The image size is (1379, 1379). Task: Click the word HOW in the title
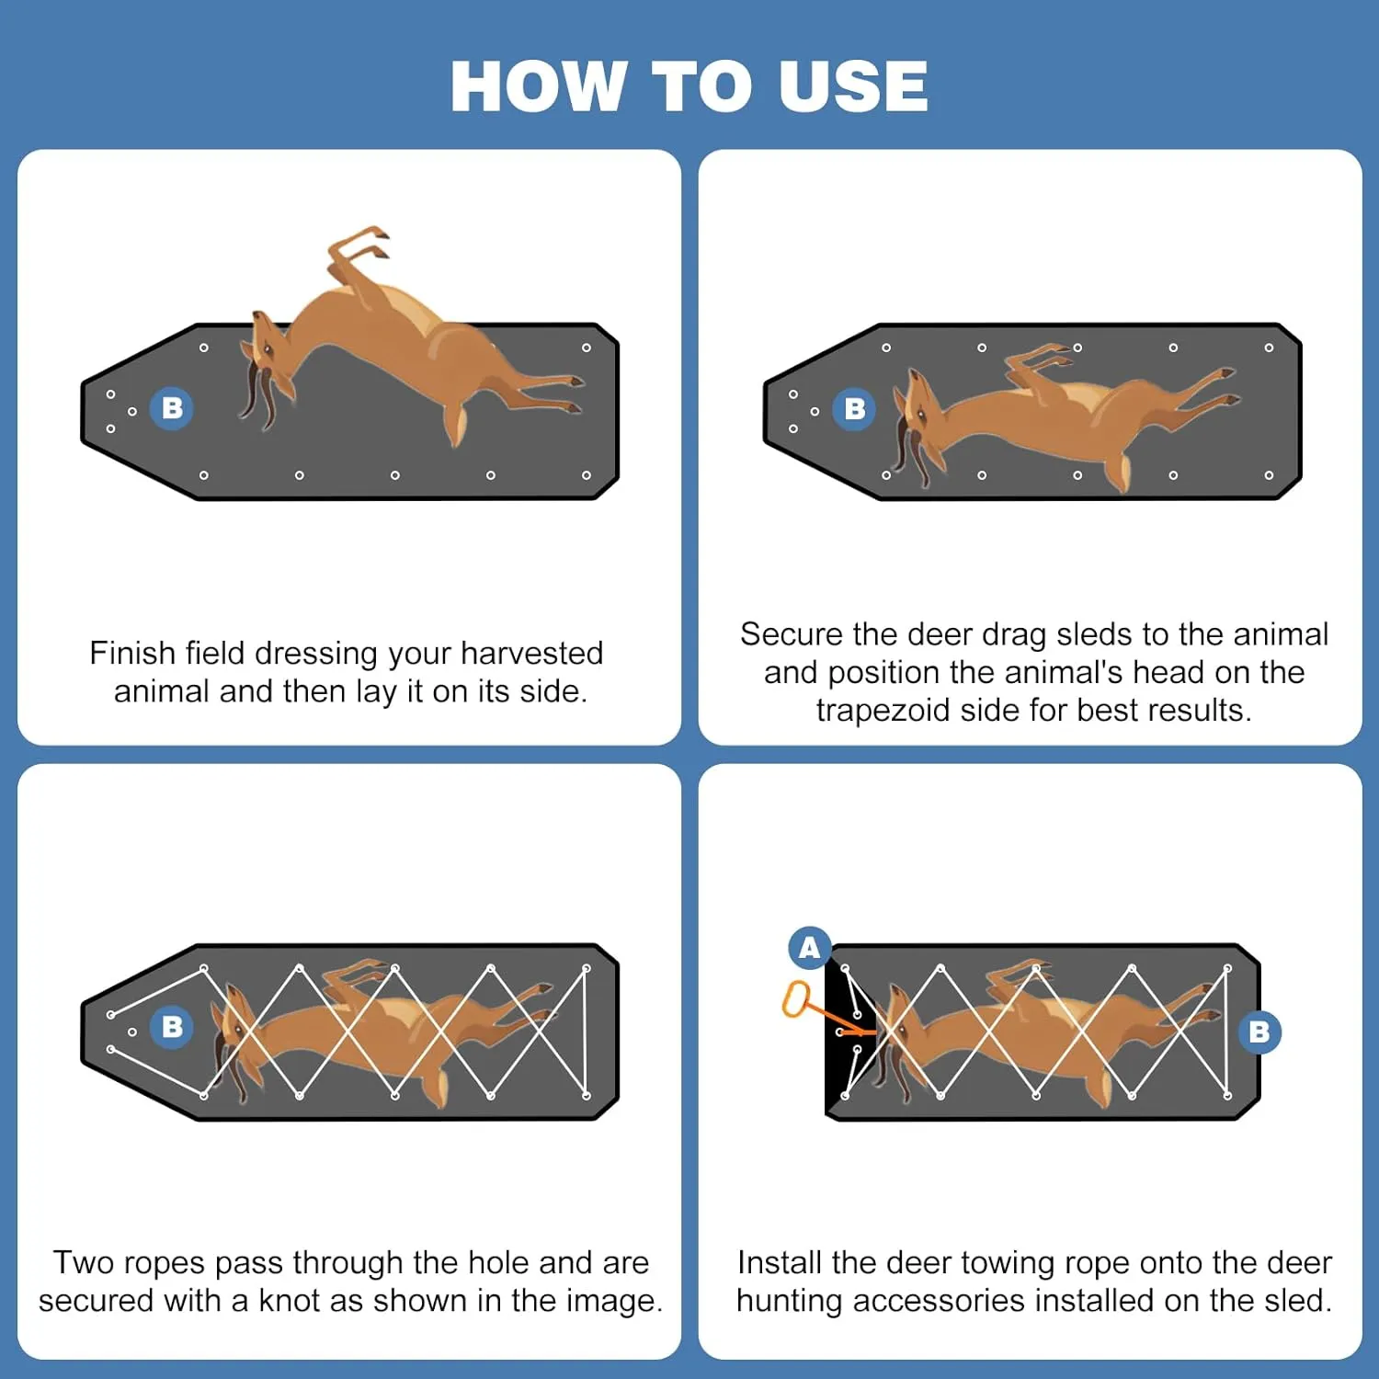click(x=537, y=86)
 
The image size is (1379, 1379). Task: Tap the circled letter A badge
click(x=809, y=947)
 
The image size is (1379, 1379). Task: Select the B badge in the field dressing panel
click(x=172, y=408)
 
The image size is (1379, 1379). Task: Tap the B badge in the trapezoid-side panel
click(x=854, y=409)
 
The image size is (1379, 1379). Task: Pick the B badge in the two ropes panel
click(x=172, y=1026)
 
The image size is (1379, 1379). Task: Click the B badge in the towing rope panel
click(x=1259, y=1031)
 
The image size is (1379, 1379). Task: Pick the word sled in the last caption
click(x=1297, y=1301)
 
